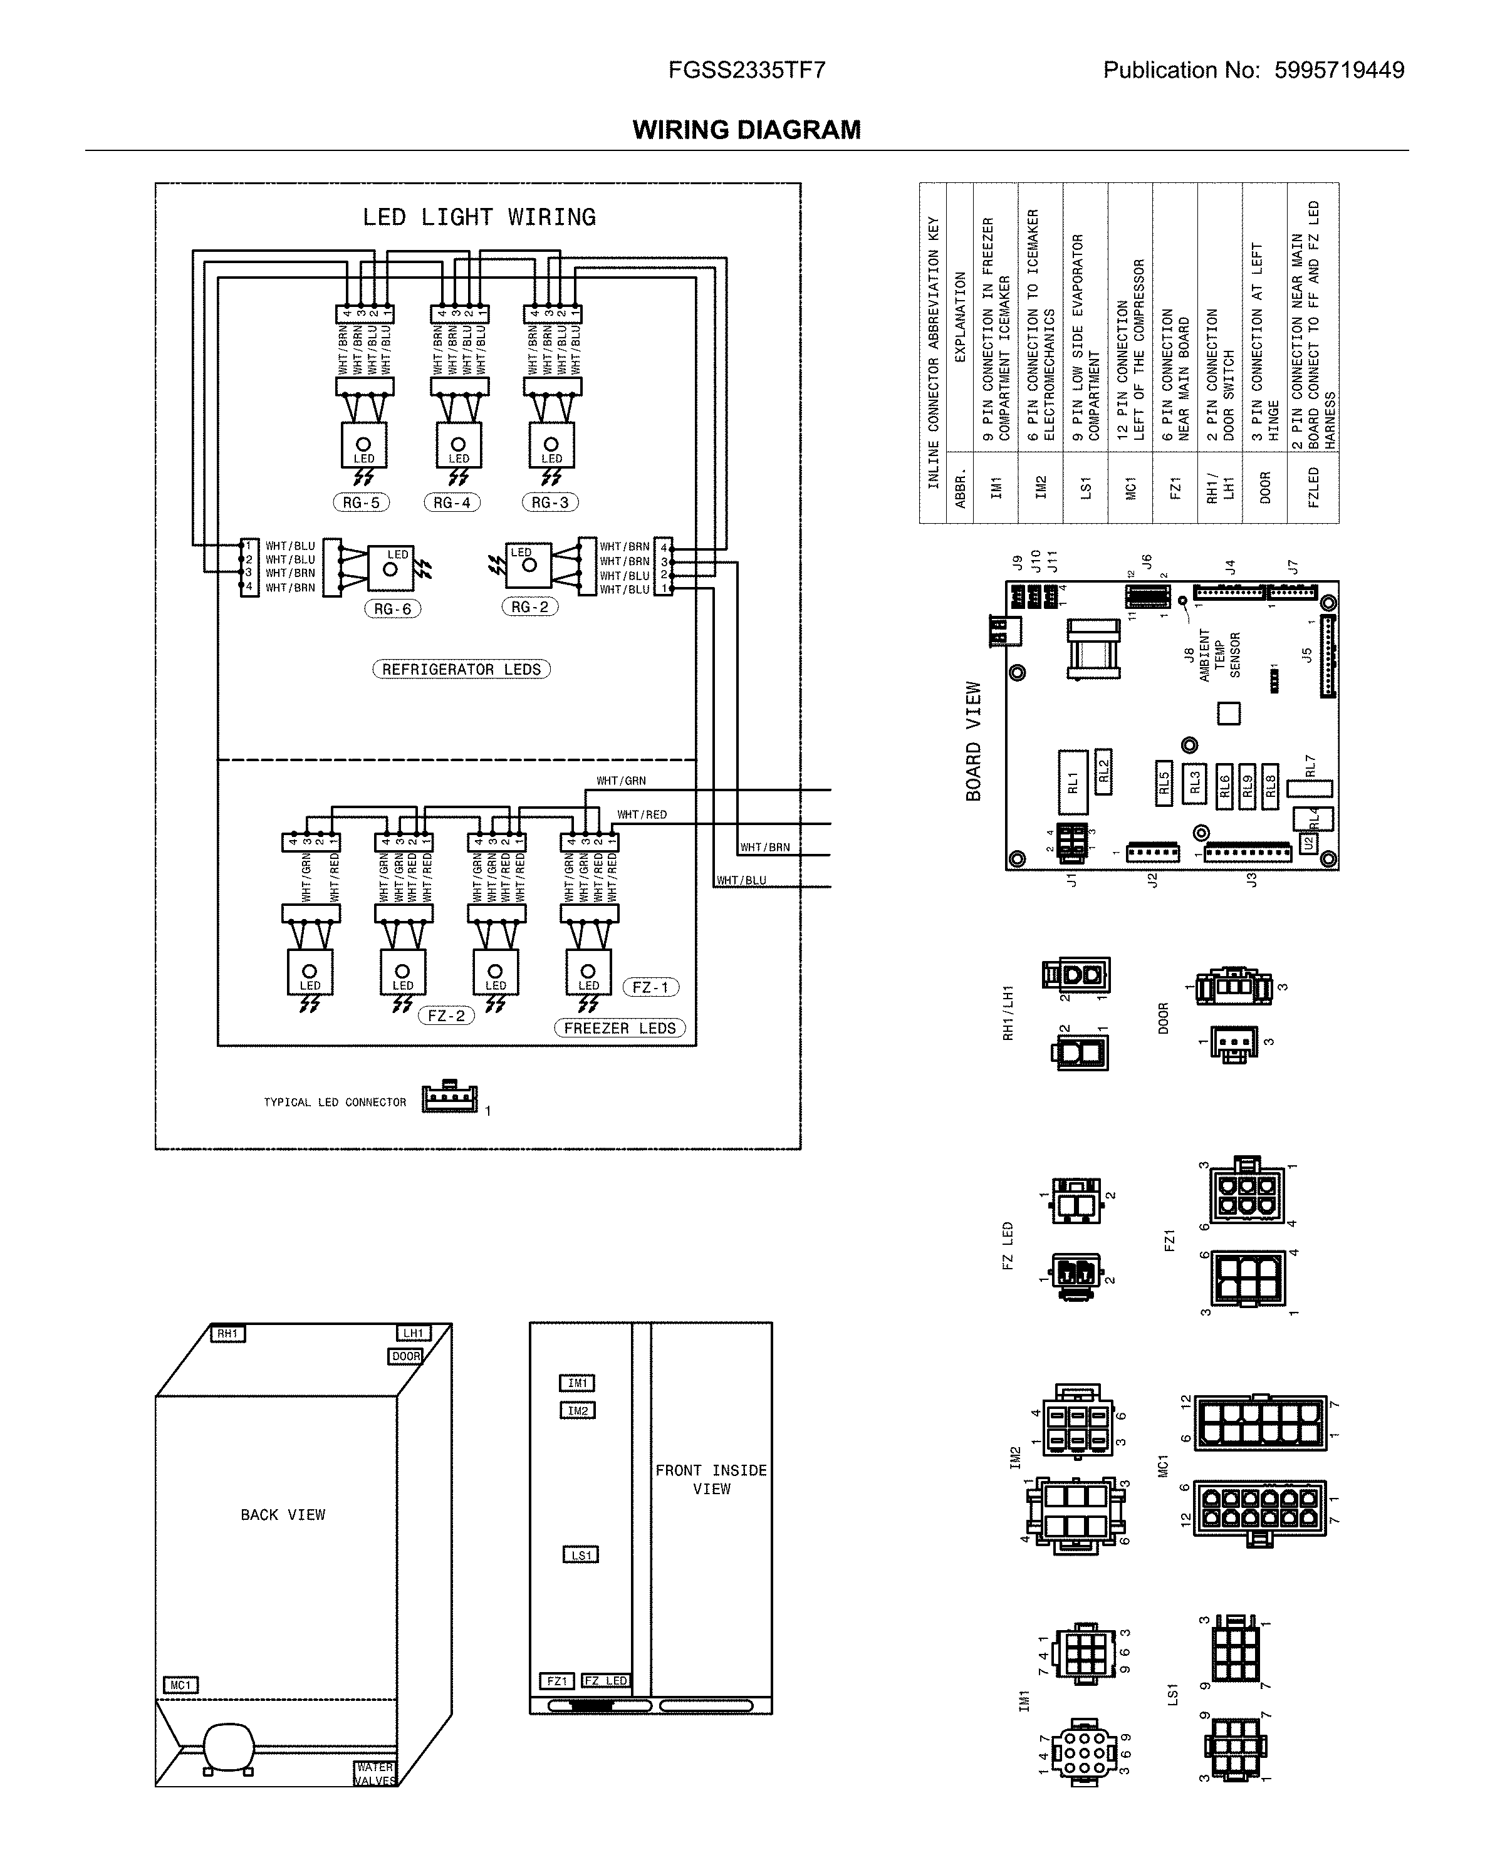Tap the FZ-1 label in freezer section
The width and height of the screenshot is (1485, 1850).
(x=650, y=987)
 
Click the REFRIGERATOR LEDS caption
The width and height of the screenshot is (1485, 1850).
(x=461, y=669)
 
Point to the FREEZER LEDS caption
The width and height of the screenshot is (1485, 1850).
(x=619, y=1028)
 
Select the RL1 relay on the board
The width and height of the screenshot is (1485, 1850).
(x=1072, y=782)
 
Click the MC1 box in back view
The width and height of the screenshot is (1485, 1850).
(x=180, y=1685)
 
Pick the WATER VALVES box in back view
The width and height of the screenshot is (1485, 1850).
(x=375, y=1774)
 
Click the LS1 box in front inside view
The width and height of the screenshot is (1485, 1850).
(x=580, y=1555)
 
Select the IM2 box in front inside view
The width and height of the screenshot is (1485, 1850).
(x=577, y=1411)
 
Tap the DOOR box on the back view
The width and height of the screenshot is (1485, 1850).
(x=406, y=1356)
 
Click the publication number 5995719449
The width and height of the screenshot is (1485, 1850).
(x=1338, y=70)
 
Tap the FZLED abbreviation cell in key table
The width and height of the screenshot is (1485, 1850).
(x=1313, y=487)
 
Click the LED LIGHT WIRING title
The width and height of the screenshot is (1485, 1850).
(x=478, y=217)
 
